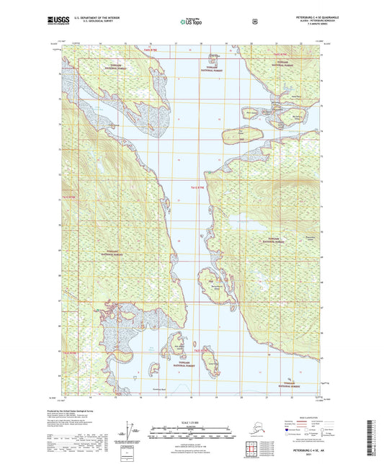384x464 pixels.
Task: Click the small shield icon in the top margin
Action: point(254,22)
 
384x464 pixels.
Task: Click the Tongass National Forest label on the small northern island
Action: point(213,69)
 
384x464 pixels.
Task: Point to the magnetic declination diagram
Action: point(130,435)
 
